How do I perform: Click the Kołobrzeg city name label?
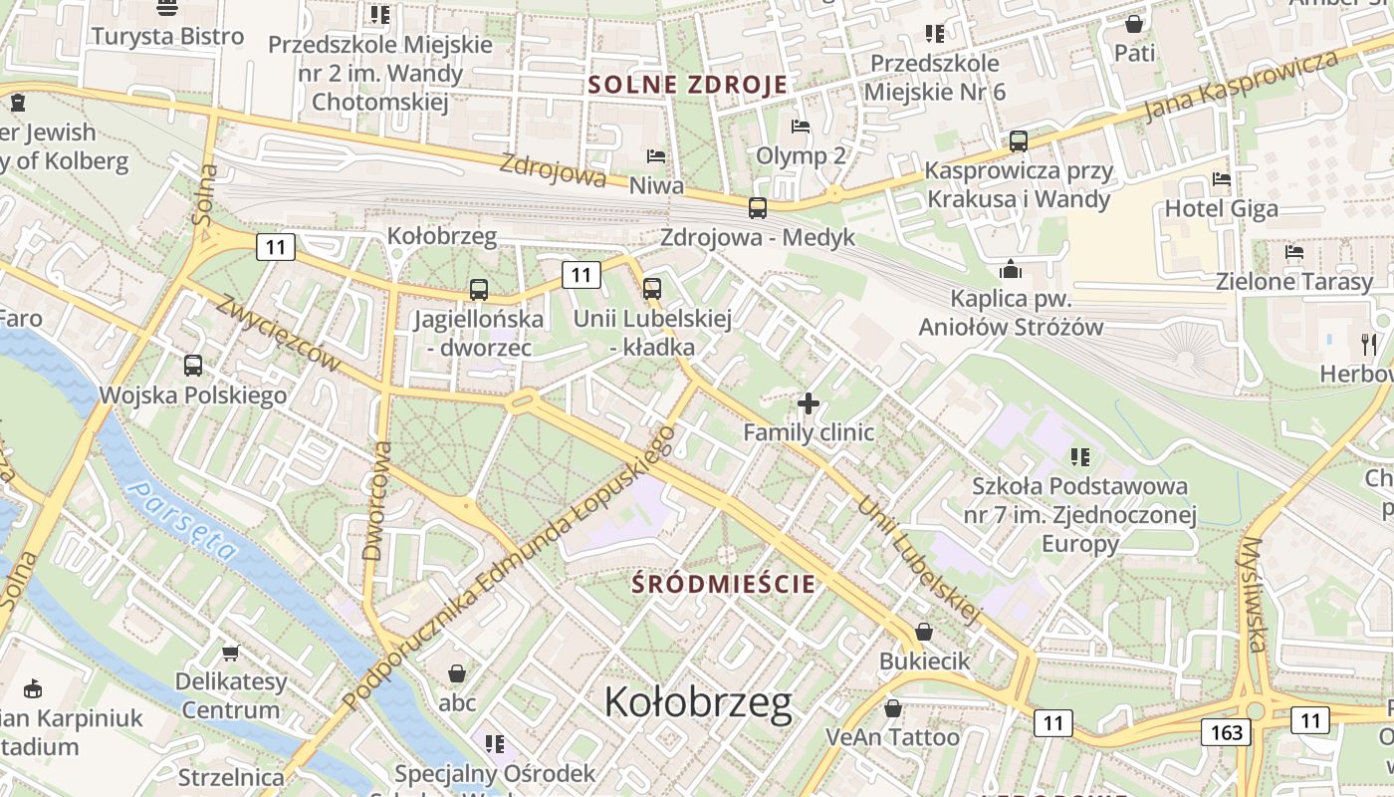click(x=698, y=702)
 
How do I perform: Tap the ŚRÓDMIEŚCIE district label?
click(x=724, y=584)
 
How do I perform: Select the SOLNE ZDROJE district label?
click(x=687, y=85)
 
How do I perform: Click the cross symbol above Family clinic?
click(x=809, y=403)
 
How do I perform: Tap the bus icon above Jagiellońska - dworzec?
click(x=479, y=290)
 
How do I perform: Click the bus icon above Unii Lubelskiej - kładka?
click(x=652, y=289)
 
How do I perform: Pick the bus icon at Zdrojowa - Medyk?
click(x=758, y=208)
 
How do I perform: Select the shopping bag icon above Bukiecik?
click(x=924, y=632)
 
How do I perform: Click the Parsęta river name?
click(x=185, y=519)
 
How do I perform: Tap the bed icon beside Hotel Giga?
click(x=1222, y=179)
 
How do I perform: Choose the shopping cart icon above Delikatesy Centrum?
click(x=231, y=653)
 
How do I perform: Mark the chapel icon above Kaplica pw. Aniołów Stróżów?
click(x=1011, y=269)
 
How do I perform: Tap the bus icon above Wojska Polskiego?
click(x=193, y=366)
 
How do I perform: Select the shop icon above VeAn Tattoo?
click(x=893, y=708)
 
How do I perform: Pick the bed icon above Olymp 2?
click(x=801, y=127)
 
